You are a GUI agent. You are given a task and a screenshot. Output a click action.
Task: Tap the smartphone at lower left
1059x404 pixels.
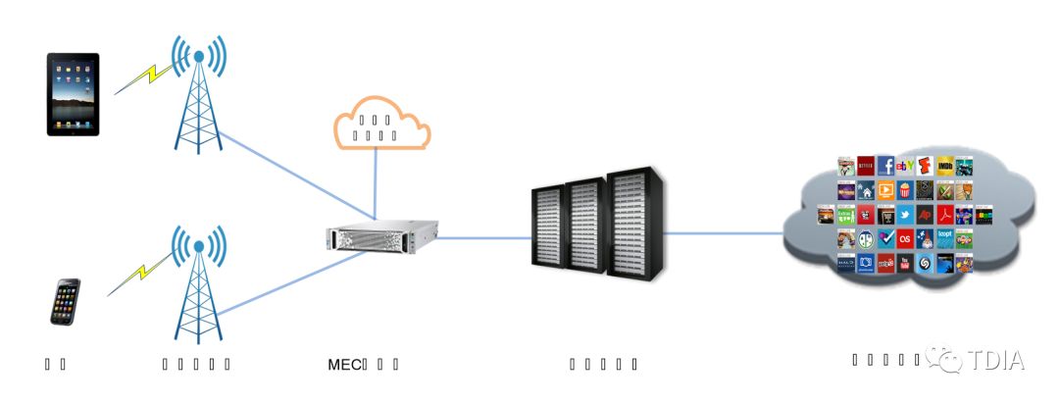coord(66,302)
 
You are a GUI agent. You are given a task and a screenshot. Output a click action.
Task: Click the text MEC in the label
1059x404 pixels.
coord(344,365)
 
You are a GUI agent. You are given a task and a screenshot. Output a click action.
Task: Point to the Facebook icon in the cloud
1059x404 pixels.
coord(885,166)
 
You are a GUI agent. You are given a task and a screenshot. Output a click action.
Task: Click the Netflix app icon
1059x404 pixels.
coord(865,166)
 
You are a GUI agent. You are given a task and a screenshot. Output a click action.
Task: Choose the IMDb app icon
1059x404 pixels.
coord(944,166)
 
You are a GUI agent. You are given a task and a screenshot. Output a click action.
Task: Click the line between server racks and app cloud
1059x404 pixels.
coord(726,233)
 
